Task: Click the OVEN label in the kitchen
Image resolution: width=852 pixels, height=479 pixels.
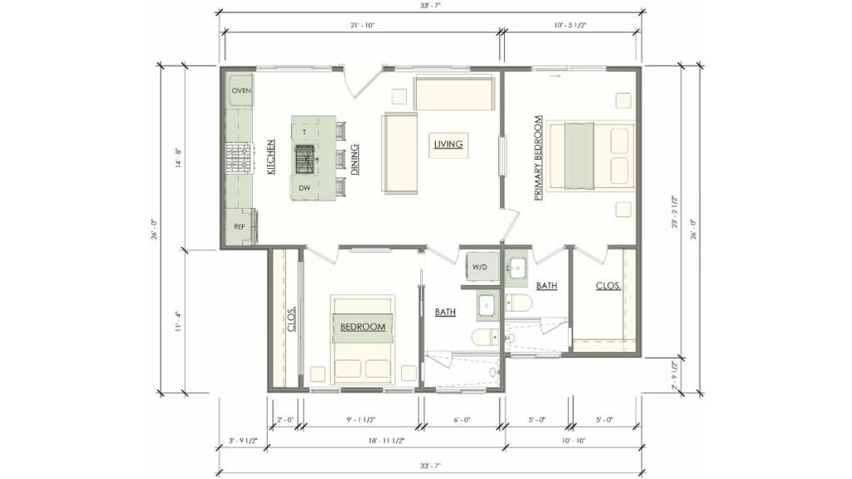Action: (x=241, y=90)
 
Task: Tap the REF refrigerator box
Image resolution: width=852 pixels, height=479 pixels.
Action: (x=240, y=226)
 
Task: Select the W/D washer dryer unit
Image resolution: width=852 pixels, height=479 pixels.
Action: (x=480, y=268)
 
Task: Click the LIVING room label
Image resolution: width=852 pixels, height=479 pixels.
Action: (x=448, y=145)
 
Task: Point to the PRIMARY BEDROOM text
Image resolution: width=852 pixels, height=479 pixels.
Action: (x=539, y=157)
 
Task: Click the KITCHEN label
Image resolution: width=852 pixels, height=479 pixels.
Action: (x=271, y=157)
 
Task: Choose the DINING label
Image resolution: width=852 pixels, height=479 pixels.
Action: (x=354, y=158)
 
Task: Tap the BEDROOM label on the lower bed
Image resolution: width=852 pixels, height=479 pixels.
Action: (x=364, y=327)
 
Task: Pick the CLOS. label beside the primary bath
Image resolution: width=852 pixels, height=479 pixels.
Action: (x=608, y=286)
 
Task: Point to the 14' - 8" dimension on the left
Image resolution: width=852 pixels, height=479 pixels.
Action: (x=177, y=158)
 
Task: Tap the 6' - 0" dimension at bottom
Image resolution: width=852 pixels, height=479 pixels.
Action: (x=463, y=420)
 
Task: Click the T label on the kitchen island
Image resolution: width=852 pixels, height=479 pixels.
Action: (x=305, y=132)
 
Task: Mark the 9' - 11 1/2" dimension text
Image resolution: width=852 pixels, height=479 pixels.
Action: (x=361, y=420)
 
